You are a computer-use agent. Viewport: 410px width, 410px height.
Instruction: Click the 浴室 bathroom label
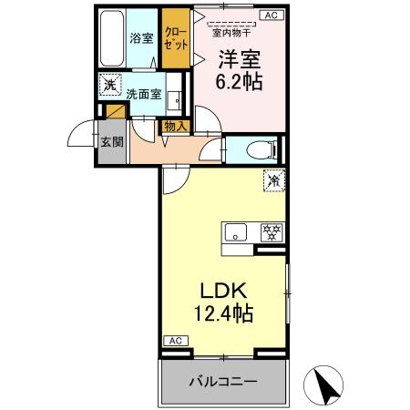[140, 38]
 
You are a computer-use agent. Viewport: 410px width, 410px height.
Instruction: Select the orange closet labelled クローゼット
[176, 37]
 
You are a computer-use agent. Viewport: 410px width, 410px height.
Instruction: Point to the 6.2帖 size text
[240, 80]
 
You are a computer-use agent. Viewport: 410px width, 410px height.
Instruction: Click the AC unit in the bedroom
[271, 15]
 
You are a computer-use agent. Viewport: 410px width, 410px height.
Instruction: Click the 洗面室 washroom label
[143, 93]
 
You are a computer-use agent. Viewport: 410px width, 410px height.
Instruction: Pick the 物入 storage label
[175, 127]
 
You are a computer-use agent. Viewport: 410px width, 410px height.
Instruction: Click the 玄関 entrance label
[111, 141]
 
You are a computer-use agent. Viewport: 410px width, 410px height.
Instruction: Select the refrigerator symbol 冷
[272, 180]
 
